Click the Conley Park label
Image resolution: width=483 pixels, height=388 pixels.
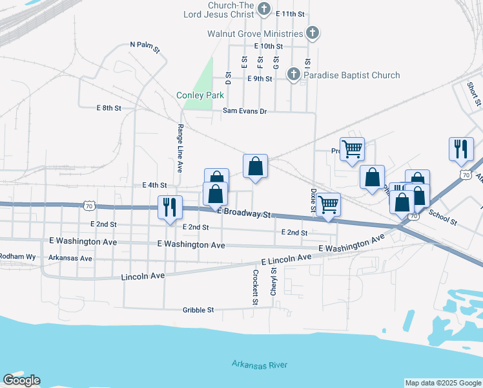pyautogui.click(x=200, y=96)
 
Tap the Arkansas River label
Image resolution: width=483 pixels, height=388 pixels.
pyautogui.click(x=260, y=365)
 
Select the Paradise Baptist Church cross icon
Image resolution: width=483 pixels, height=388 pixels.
pyautogui.click(x=293, y=75)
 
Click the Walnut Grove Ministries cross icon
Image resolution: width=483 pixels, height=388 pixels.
pyautogui.click(x=312, y=33)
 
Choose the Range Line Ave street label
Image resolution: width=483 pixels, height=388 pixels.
pyautogui.click(x=180, y=148)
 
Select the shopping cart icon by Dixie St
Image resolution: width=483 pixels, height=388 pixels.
pyautogui.click(x=329, y=204)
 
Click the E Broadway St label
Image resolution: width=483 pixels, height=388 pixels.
pyautogui.click(x=244, y=213)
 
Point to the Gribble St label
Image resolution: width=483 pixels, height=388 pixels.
pyautogui.click(x=198, y=310)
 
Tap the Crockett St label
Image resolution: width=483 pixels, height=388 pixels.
pyautogui.click(x=256, y=286)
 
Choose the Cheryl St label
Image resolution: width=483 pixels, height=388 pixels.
pyautogui.click(x=274, y=283)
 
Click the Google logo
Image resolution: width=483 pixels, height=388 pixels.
pyautogui.click(x=21, y=380)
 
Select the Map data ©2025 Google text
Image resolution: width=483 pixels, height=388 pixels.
pyautogui.click(x=442, y=383)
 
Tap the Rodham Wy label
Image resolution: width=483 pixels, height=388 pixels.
pyautogui.click(x=17, y=257)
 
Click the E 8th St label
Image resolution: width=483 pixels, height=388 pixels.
pyautogui.click(x=108, y=108)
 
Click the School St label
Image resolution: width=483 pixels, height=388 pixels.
pyautogui.click(x=442, y=218)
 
